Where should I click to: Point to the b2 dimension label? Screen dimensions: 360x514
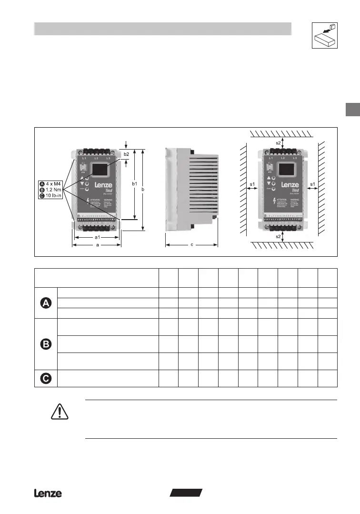[126, 154]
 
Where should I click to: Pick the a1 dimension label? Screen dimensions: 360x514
[97, 237]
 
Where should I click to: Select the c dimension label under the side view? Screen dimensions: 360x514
[191, 245]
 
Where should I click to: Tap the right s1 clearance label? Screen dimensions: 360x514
[313, 184]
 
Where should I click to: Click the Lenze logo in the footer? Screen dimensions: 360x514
[48, 494]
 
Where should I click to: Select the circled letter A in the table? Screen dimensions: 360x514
[46, 303]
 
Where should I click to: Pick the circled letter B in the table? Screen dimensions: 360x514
[46, 344]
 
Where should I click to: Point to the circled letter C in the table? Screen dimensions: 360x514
[46, 378]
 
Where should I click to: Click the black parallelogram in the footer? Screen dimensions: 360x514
[186, 493]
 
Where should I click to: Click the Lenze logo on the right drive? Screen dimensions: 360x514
[290, 185]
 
